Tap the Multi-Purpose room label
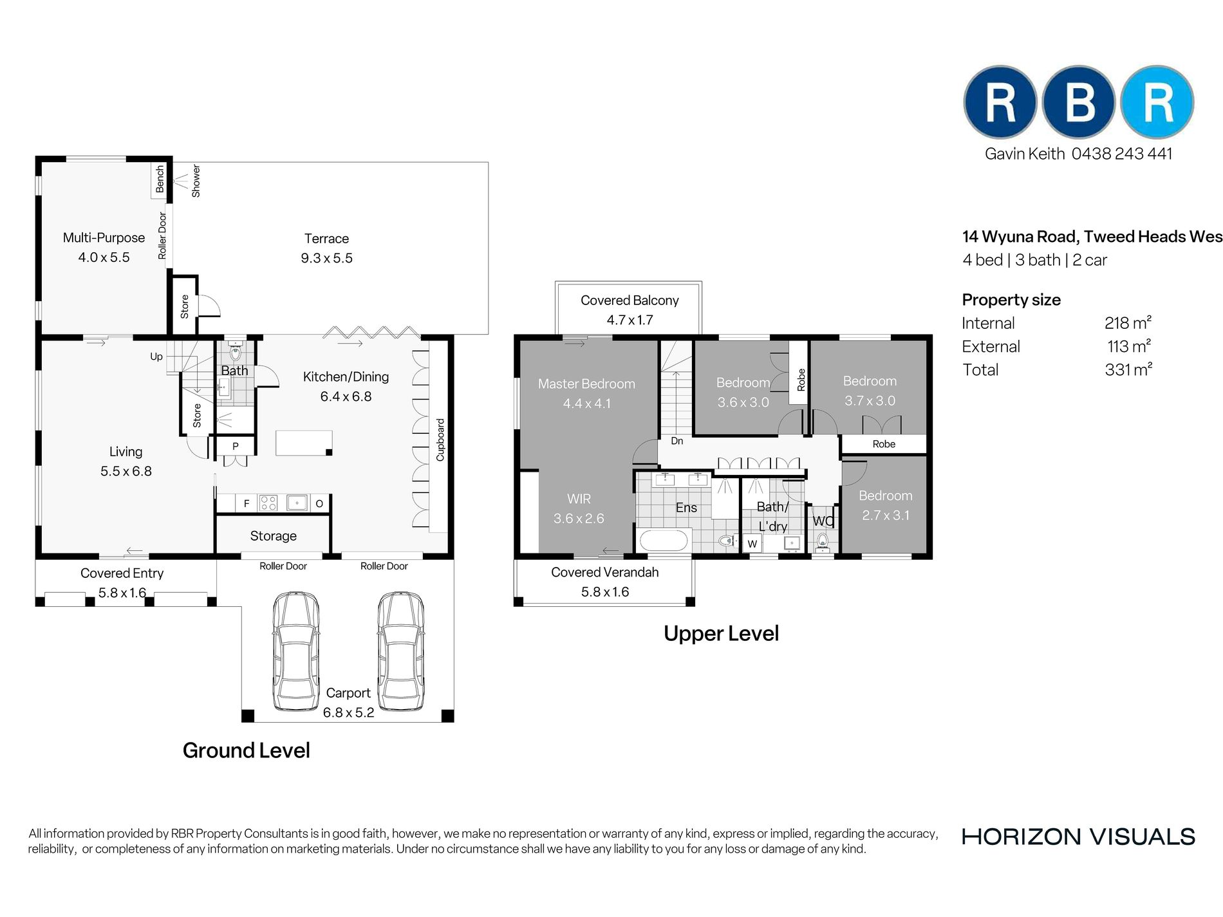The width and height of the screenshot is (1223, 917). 104,237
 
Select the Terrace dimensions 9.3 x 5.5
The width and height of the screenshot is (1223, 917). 327,258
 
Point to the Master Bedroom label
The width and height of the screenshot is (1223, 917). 586,384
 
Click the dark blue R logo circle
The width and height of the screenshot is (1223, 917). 1000,102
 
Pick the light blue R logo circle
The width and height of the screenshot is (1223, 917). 1157,102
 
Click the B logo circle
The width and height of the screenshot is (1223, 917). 1079,102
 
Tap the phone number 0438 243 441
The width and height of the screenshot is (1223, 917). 1122,154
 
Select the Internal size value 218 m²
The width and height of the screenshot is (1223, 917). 1128,322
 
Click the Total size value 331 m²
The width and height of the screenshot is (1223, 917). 1128,369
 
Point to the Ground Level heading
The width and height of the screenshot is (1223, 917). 246,750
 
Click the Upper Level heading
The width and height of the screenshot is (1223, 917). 721,633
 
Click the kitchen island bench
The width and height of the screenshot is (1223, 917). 304,443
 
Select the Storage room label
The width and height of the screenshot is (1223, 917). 274,536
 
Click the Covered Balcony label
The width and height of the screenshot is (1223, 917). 630,300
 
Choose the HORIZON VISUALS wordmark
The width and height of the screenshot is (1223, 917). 1078,837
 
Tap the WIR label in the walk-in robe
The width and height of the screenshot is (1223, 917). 579,499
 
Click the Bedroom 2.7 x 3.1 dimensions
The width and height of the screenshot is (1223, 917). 886,515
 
